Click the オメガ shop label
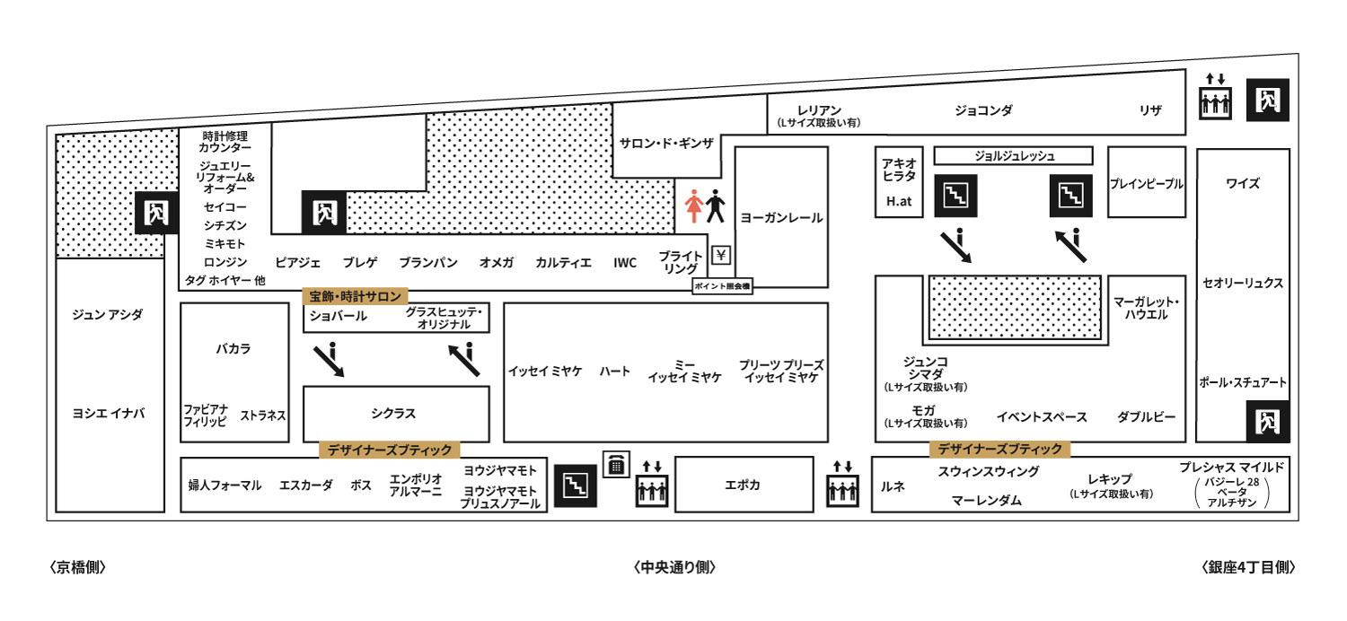[x=496, y=263]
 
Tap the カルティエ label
[x=563, y=263]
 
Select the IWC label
[x=625, y=263]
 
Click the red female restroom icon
[x=693, y=206]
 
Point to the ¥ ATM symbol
[x=721, y=256]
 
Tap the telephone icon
[x=616, y=465]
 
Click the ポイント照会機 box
[x=722, y=286]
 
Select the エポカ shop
[x=744, y=485]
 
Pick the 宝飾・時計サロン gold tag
[x=355, y=296]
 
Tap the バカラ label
[x=233, y=349]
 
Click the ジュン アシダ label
[x=108, y=314]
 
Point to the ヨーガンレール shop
[x=781, y=217]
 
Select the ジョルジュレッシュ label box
[x=1013, y=156]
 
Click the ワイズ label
[x=1242, y=183]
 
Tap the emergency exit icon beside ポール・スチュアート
[x=1268, y=422]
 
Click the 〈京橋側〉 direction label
[x=77, y=567]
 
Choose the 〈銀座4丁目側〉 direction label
[x=1248, y=567]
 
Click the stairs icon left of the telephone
[x=576, y=485]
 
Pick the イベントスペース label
[x=1042, y=417]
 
